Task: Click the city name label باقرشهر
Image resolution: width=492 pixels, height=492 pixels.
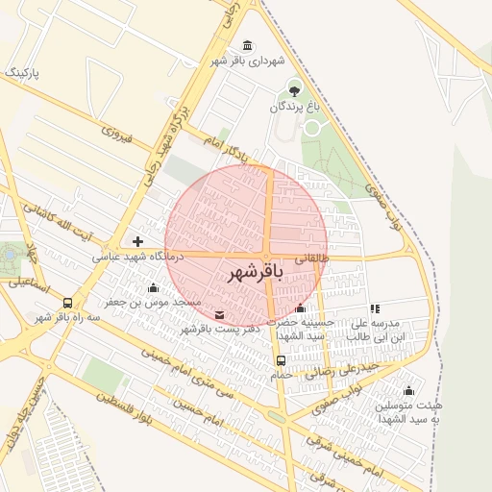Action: (x=257, y=274)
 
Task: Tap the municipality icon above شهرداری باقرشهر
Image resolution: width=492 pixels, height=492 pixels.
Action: (x=249, y=46)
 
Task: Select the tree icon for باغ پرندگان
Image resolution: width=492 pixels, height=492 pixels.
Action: (x=294, y=91)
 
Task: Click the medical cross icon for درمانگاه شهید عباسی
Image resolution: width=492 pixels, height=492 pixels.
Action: (x=138, y=241)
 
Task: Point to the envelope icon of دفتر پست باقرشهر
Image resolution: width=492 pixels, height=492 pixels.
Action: (x=220, y=314)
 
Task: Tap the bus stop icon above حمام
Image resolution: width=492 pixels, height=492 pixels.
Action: (x=281, y=360)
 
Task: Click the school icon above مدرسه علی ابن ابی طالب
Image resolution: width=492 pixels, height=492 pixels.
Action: (x=375, y=308)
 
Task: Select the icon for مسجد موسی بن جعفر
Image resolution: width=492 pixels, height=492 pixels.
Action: (x=153, y=287)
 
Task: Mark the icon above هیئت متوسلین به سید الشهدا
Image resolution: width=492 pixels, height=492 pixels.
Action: (x=408, y=390)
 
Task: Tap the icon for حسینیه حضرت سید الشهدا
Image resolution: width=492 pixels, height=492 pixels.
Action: (x=301, y=308)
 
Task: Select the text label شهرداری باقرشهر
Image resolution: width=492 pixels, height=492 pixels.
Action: (x=250, y=61)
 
